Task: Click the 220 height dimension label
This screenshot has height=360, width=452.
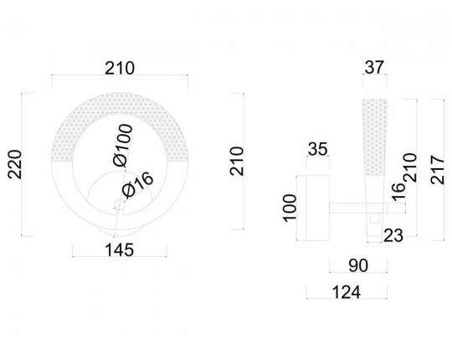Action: click(15, 165)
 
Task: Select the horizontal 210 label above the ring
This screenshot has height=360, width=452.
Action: click(120, 69)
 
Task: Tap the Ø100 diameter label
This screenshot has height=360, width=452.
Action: click(123, 145)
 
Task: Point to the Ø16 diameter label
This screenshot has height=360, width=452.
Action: click(137, 185)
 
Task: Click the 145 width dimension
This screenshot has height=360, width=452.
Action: click(120, 249)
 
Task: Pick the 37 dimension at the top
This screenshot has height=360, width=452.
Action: click(374, 67)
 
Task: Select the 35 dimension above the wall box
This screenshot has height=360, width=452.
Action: click(318, 149)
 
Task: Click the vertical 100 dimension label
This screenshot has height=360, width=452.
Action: click(290, 208)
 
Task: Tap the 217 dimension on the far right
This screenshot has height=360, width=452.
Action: click(438, 170)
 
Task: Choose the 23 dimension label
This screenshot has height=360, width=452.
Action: click(393, 236)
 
